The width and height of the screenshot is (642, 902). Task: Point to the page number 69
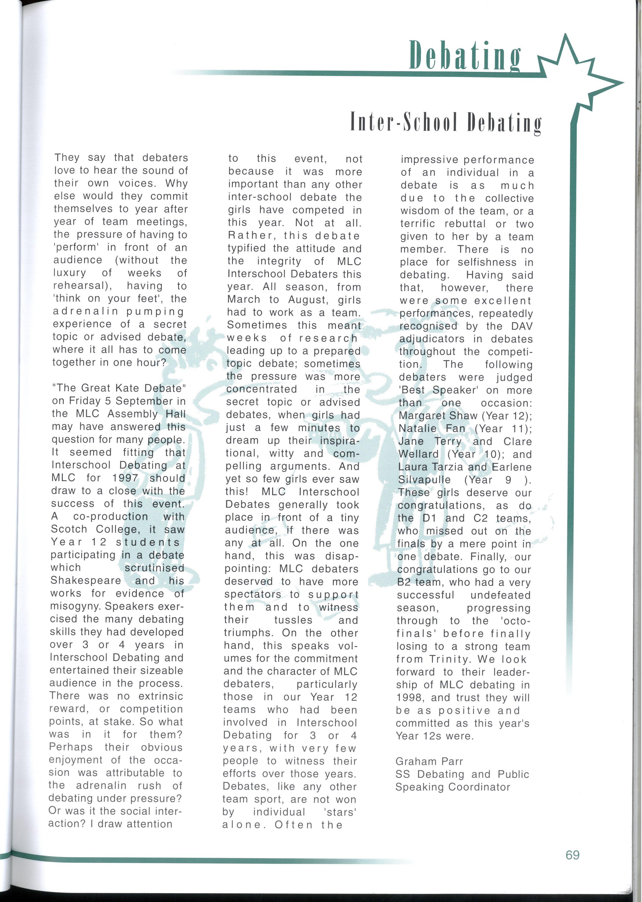(x=572, y=854)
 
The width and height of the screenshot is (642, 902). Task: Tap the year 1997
(x=125, y=478)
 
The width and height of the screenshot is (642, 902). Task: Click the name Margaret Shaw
(x=438, y=416)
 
